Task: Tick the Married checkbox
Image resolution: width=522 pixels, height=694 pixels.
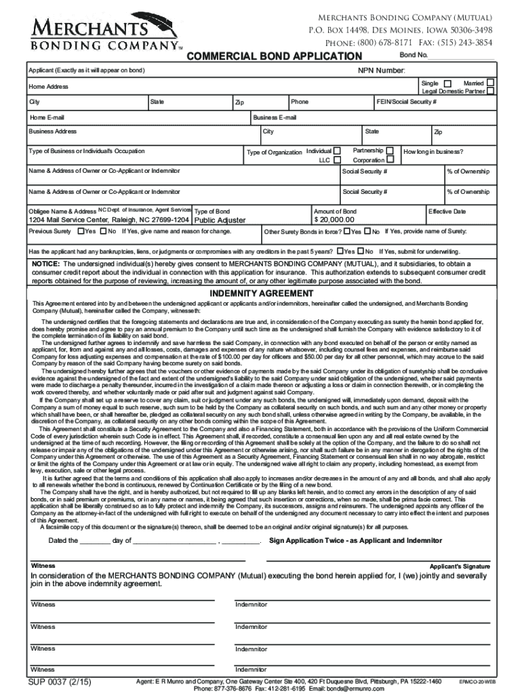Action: pos(490,83)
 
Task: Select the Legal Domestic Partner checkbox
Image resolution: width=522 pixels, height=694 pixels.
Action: pos(490,91)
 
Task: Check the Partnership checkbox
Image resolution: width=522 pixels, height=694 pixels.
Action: pos(390,150)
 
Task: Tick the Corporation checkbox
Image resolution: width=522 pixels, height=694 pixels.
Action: pos(390,161)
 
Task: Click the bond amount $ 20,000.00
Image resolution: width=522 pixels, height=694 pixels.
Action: pos(334,220)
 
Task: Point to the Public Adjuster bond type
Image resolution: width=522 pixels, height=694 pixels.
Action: pos(220,220)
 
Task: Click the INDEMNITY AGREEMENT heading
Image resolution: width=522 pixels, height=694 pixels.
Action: pos(261,293)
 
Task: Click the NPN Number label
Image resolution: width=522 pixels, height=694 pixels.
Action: pos(382,70)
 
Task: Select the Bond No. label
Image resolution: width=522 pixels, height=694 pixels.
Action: pos(414,55)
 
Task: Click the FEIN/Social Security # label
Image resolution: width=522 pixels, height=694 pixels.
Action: pos(407,102)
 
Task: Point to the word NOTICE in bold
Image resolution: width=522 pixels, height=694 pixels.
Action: pos(45,263)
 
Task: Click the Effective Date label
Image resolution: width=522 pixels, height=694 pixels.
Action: pos(447,211)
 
